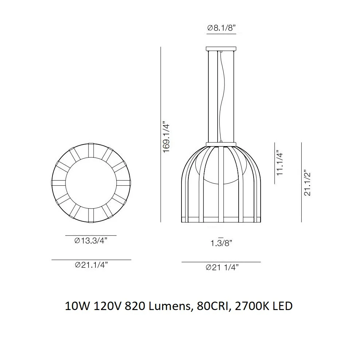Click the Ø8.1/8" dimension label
coord(222,28)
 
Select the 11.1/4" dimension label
coord(280,163)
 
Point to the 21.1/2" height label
coord(308,183)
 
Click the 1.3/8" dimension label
coord(221,243)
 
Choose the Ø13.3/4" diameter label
coord(91,241)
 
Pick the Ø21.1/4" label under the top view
coord(91,265)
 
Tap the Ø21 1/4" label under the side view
coord(222,267)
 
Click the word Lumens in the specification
coord(171,306)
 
